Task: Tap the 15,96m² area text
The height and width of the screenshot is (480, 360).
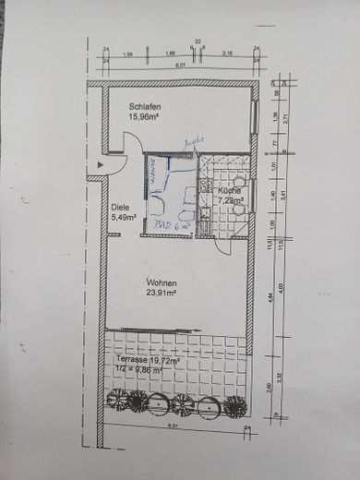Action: [147, 117]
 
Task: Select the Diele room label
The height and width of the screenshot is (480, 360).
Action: [120, 208]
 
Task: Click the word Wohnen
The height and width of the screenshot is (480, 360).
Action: [160, 283]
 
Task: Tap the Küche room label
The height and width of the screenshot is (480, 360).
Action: [230, 190]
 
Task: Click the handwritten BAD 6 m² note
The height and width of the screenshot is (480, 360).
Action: [171, 224]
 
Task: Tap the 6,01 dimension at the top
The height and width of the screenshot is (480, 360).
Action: [181, 66]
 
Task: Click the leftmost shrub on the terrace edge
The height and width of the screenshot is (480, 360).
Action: [117, 400]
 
